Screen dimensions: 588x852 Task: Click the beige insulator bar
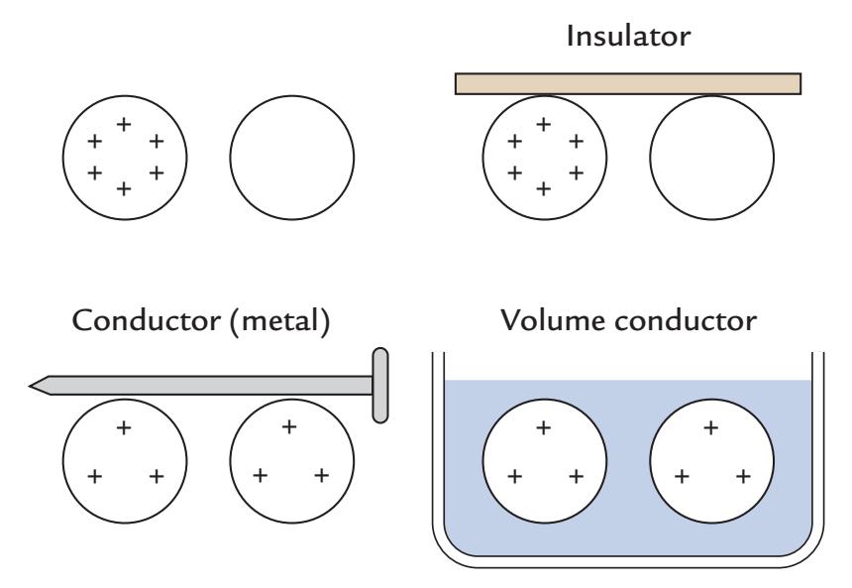click(x=627, y=83)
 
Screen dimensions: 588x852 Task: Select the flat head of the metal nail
click(x=379, y=385)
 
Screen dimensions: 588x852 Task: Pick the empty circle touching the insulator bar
click(x=712, y=159)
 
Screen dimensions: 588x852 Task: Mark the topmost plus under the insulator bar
click(x=543, y=125)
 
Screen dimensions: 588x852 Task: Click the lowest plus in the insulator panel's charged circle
click(x=543, y=187)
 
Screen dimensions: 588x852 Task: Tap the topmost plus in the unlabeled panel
click(x=124, y=125)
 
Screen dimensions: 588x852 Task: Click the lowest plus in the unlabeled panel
click(x=124, y=187)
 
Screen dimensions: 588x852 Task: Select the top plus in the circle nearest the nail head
click(x=289, y=427)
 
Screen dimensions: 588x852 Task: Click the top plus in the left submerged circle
click(x=543, y=427)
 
